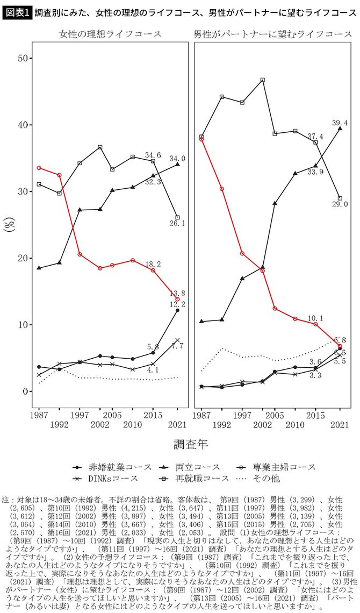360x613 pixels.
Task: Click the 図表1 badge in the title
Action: tap(16, 11)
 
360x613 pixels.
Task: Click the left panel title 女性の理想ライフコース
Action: tap(110, 34)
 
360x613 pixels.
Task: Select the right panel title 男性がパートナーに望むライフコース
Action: tap(272, 34)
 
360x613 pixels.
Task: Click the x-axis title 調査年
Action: tap(191, 444)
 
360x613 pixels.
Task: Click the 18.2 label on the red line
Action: tap(153, 264)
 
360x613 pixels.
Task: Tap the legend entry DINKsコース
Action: tap(107, 477)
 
